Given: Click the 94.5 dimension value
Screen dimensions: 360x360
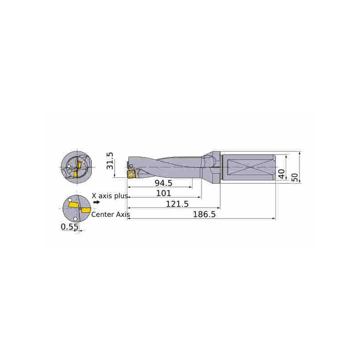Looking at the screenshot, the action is tap(163, 183).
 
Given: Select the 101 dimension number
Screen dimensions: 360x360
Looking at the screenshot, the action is tap(163, 193).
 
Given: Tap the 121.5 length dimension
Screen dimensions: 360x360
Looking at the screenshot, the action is tap(177, 204).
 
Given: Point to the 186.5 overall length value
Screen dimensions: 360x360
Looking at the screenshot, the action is tap(204, 215).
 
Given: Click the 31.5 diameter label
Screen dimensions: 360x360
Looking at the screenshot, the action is tap(110, 161).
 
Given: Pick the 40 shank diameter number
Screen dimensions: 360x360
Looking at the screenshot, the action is tap(282, 174).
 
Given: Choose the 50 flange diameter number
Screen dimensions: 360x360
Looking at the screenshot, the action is tap(295, 177).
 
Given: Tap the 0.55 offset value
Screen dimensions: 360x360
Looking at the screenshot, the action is tap(69, 227).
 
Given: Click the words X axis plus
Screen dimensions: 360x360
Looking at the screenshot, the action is tap(110, 196).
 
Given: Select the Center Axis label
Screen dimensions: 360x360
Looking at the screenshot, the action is tap(111, 215).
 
